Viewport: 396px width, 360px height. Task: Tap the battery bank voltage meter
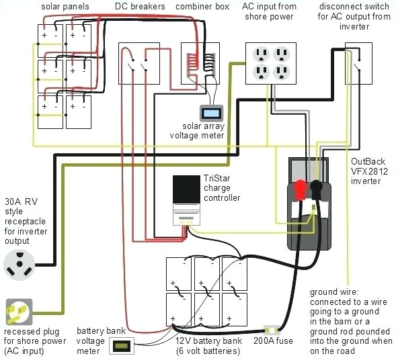[121, 347]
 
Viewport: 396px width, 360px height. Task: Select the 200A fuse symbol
[273, 330]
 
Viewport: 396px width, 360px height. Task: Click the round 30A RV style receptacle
[20, 264]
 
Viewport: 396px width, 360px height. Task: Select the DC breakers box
[139, 62]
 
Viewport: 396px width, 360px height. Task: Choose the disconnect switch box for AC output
[358, 63]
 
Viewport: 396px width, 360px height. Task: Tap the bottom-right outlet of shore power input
[282, 73]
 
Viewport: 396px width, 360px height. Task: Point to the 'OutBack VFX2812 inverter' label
[369, 171]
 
